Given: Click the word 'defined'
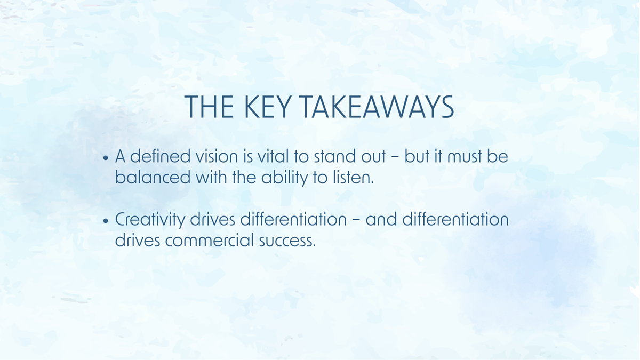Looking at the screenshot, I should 157,158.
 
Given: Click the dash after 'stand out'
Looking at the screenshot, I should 396,158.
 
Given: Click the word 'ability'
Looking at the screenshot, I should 281,178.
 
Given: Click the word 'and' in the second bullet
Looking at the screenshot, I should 381,220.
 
